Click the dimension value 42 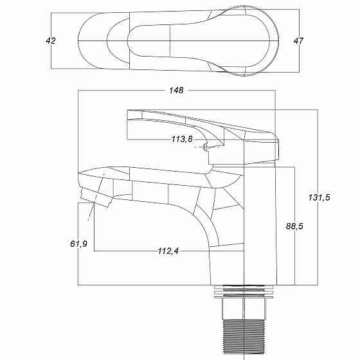(x=51, y=40)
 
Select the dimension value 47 (x=298, y=40)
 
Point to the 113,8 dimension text (x=181, y=139)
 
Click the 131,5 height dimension (x=319, y=197)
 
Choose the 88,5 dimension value (x=294, y=226)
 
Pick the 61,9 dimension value (x=78, y=244)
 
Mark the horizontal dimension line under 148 (x=129, y=91)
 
